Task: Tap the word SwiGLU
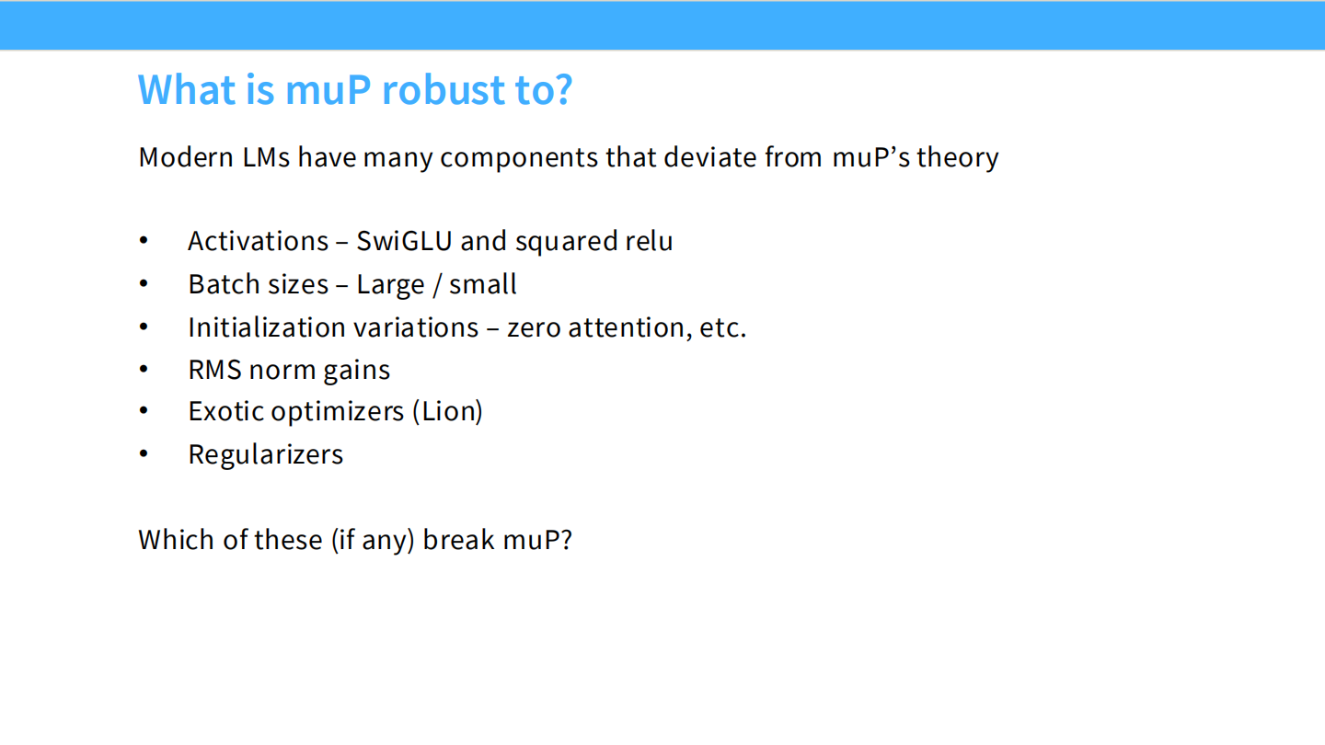click(404, 241)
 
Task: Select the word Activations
click(258, 241)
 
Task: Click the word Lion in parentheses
click(448, 411)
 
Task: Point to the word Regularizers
click(266, 455)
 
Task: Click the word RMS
click(214, 370)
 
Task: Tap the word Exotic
click(226, 411)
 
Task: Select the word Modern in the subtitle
click(186, 158)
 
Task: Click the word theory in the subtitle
click(958, 158)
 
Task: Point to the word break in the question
click(458, 540)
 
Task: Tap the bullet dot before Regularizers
click(144, 454)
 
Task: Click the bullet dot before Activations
click(144, 240)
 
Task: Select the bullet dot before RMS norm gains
click(144, 369)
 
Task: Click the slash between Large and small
click(437, 285)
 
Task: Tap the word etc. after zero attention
click(723, 328)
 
